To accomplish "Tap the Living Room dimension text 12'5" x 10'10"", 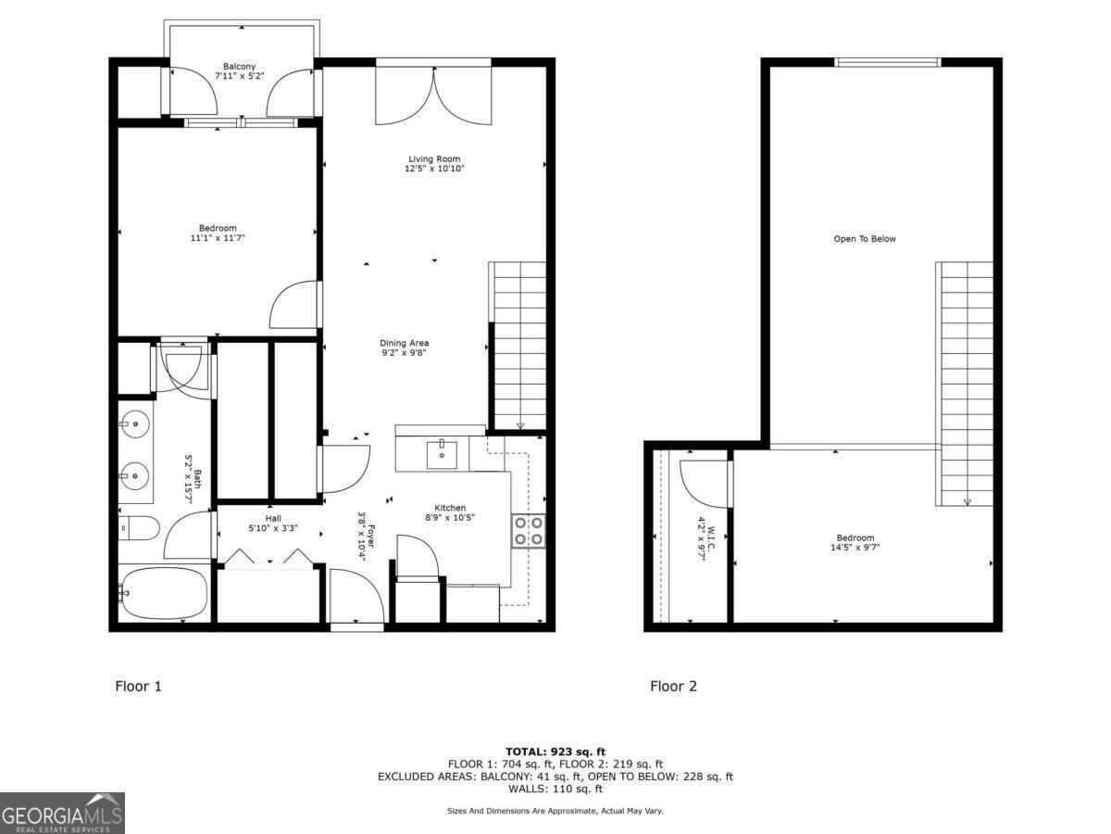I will pyautogui.click(x=433, y=169).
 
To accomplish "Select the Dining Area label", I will pyautogui.click(x=406, y=343).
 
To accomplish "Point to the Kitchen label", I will pyautogui.click(x=451, y=508).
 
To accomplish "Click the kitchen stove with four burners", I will pyautogui.click(x=528, y=531).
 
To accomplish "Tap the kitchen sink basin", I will pyautogui.click(x=442, y=454).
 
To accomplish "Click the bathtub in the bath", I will pyautogui.click(x=165, y=594).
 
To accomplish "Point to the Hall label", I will pyautogui.click(x=273, y=519).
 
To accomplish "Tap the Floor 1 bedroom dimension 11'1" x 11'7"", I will pyautogui.click(x=218, y=238).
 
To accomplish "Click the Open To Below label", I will pyautogui.click(x=865, y=239).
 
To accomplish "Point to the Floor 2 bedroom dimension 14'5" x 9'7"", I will pyautogui.click(x=855, y=548).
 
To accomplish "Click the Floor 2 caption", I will pyautogui.click(x=673, y=687).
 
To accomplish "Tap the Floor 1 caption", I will pyautogui.click(x=138, y=687).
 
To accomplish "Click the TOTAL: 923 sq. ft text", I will pyautogui.click(x=555, y=751).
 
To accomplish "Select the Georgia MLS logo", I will pyautogui.click(x=62, y=813).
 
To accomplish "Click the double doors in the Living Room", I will pyautogui.click(x=432, y=95).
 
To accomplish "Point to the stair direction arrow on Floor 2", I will pyautogui.click(x=967, y=501).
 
